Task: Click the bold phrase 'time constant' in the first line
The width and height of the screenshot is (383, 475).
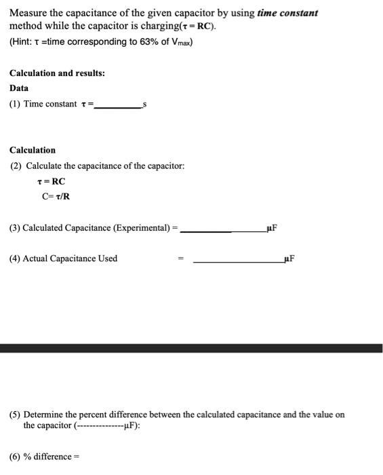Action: pos(287,13)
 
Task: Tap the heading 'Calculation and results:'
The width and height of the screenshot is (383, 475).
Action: pos(57,73)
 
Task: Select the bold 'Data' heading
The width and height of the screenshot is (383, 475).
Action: pos(20,88)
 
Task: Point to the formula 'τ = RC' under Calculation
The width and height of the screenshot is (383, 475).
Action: pos(52,181)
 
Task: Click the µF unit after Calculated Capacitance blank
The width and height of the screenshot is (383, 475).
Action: pos(273,228)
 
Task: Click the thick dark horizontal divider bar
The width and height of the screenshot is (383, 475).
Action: pos(191,348)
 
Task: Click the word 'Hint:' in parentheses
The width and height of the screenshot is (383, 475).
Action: pos(23,42)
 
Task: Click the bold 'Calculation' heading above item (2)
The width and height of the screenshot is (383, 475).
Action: pos(33,150)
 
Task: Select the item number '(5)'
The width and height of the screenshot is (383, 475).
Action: pos(15,415)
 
